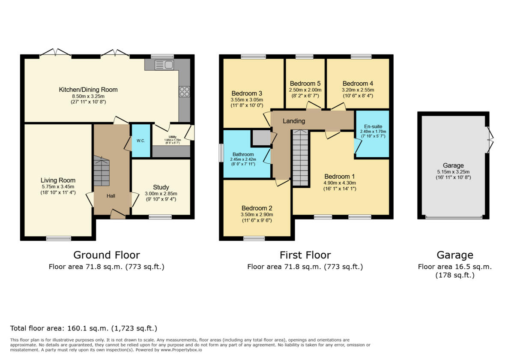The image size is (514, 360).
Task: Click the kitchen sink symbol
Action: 164,65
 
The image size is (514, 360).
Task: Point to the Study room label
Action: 161,187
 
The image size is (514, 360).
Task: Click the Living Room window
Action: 58,238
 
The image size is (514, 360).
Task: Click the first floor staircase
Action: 301,158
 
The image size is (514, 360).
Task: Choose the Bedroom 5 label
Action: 305,83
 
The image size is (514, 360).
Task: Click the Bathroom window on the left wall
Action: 221,153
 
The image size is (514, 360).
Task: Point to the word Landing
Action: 294,121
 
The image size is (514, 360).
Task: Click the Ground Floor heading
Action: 106,255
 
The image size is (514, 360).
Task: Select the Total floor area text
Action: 84,329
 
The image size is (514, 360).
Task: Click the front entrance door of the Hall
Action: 118,214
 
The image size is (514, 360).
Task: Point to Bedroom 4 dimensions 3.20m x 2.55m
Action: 358,90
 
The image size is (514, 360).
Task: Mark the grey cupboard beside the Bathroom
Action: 261,138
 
